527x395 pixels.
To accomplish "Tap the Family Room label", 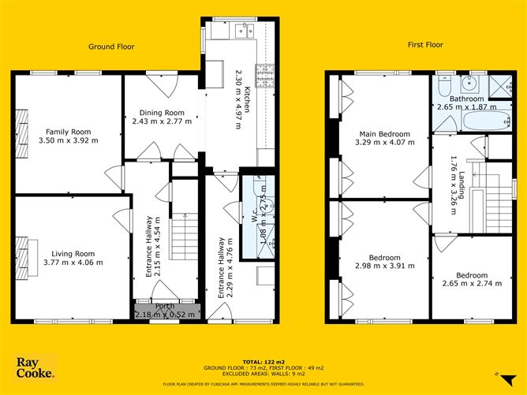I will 68,132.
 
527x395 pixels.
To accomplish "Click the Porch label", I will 165,306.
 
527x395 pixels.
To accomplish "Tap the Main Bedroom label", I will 384,133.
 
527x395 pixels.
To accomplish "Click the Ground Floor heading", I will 111,47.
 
